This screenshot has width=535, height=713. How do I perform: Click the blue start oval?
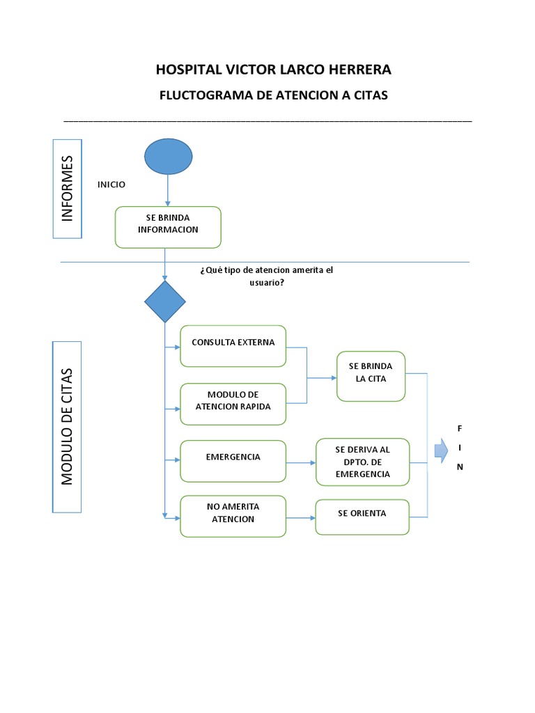coord(169,157)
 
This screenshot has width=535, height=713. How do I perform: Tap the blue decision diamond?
coord(164,301)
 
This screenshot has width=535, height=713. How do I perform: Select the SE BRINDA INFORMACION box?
coord(168,228)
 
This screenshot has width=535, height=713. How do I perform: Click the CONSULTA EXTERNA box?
coord(233,346)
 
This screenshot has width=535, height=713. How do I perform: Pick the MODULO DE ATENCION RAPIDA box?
coord(233,405)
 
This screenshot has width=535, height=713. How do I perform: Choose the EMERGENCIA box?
coord(233,461)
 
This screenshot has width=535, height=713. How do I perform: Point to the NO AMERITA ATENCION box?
coord(233,517)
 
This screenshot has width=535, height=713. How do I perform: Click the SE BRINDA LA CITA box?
coord(371,377)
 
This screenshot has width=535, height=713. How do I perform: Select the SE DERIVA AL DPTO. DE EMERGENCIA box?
coord(362,462)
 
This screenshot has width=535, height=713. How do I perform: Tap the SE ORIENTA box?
coord(362,517)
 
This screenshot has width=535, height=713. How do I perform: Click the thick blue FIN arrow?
coord(441,450)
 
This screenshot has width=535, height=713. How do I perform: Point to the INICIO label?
coord(111,185)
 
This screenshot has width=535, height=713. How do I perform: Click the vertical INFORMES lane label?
coord(68,189)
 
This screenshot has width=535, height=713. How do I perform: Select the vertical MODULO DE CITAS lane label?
coord(67,427)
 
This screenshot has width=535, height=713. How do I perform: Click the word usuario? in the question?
coord(267,283)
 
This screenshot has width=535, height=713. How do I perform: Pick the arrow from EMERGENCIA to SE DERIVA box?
coord(301,463)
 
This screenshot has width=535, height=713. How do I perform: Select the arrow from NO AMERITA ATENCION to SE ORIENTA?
coord(301,518)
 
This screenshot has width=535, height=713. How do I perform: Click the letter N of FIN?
coord(460,467)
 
